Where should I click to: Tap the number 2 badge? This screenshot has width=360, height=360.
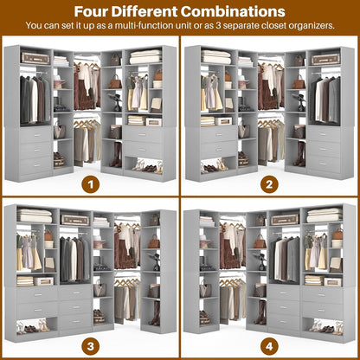(x=270, y=184)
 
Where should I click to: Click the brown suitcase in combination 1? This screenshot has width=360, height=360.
(x=35, y=58)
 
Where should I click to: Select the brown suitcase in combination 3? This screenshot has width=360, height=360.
(x=74, y=220)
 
